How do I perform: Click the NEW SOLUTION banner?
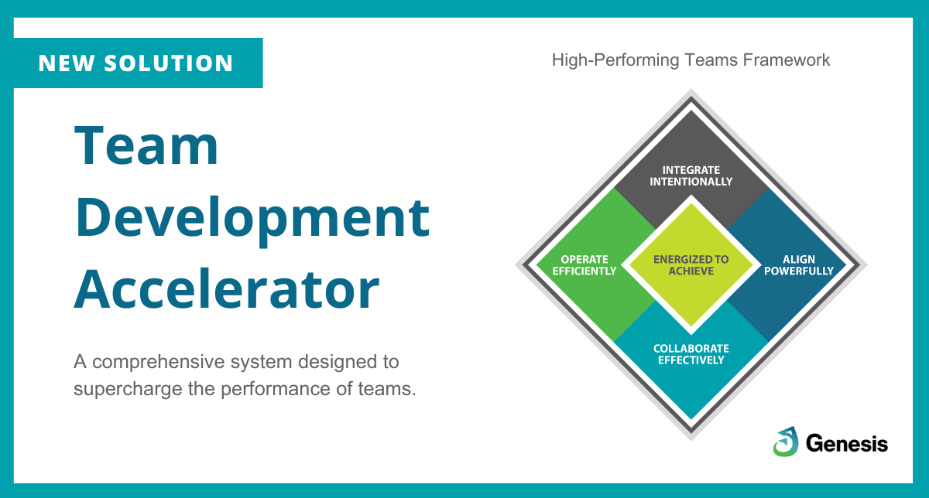(137, 63)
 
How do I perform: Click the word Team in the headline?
(147, 147)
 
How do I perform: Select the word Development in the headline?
(252, 218)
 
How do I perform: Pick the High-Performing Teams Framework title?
(691, 60)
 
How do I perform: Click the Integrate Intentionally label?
(691, 176)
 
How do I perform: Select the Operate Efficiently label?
(584, 265)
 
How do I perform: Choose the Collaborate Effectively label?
(691, 354)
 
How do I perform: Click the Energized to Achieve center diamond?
(691, 265)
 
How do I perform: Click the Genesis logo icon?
(785, 442)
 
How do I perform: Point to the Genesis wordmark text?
(846, 443)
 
